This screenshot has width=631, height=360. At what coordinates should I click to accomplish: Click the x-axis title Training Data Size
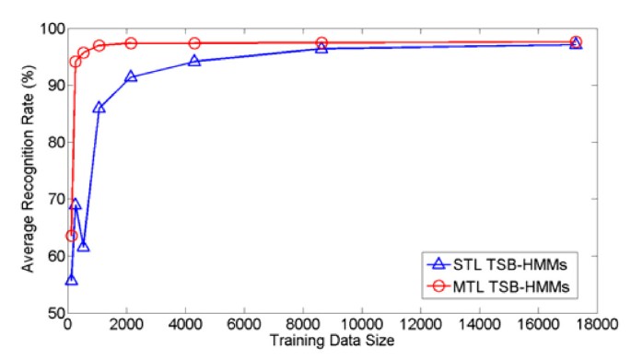[333, 342]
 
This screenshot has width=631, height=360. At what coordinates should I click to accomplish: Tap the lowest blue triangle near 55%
[71, 279]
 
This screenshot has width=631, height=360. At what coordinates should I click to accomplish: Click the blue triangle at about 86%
[99, 108]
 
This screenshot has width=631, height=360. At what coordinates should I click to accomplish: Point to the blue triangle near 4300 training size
[194, 61]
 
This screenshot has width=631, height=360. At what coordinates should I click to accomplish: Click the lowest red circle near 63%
[71, 236]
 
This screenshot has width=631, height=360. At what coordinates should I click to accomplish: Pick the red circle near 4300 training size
[194, 43]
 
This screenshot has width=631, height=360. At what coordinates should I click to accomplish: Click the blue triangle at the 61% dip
[83, 246]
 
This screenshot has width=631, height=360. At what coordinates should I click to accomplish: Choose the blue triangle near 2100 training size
[131, 76]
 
